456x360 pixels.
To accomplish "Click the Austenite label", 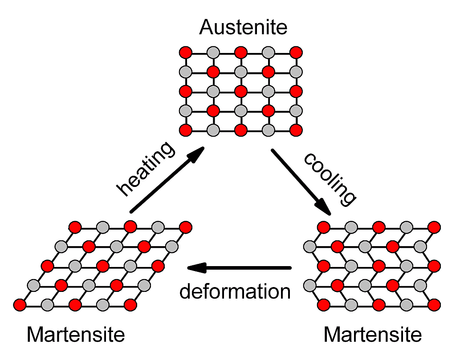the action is pyautogui.click(x=243, y=27).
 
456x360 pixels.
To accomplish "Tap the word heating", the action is pyautogui.click(x=146, y=168).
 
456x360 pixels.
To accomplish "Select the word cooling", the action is pyautogui.click(x=330, y=179).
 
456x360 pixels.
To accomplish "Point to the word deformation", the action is pyautogui.click(x=235, y=291).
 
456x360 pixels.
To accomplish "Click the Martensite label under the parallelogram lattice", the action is pyautogui.click(x=76, y=335).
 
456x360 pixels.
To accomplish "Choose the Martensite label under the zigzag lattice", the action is pyautogui.click(x=373, y=335).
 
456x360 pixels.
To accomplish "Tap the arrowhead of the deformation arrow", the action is pyautogui.click(x=197, y=268).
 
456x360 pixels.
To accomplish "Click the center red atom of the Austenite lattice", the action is pyautogui.click(x=241, y=91).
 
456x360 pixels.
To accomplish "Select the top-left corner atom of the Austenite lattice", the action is pyautogui.click(x=186, y=53).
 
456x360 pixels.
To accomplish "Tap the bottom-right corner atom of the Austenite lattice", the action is pyautogui.click(x=296, y=130).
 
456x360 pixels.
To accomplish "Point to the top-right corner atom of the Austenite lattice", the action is pyautogui.click(x=296, y=53).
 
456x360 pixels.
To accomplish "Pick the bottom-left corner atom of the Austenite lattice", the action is pyautogui.click(x=186, y=130).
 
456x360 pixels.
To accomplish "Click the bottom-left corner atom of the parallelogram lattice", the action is pyautogui.click(x=20, y=305).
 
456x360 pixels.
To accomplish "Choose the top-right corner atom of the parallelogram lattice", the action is pyautogui.click(x=186, y=227).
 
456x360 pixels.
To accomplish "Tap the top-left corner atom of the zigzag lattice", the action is pyautogui.click(x=324, y=227).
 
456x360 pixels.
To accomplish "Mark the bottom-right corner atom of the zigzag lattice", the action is pyautogui.click(x=434, y=305).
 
